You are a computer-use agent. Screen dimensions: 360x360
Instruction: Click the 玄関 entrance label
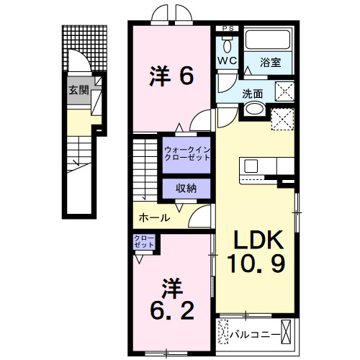pyautogui.click(x=78, y=91)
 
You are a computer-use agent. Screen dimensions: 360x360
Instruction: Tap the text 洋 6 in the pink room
pyautogui.click(x=172, y=76)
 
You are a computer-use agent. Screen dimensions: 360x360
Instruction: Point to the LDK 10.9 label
pyautogui.click(x=257, y=251)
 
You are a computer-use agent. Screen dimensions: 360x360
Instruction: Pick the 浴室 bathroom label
pyautogui.click(x=271, y=63)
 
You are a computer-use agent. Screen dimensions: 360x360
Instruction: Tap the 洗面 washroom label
pyautogui.click(x=252, y=93)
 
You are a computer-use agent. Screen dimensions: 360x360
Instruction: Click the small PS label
pyautogui.click(x=228, y=29)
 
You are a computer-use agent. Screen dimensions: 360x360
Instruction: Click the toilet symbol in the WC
pyautogui.click(x=227, y=42)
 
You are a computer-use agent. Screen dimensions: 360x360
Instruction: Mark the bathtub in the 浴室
pyautogui.click(x=268, y=41)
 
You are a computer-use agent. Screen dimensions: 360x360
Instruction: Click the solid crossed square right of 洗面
pyautogui.click(x=286, y=91)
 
